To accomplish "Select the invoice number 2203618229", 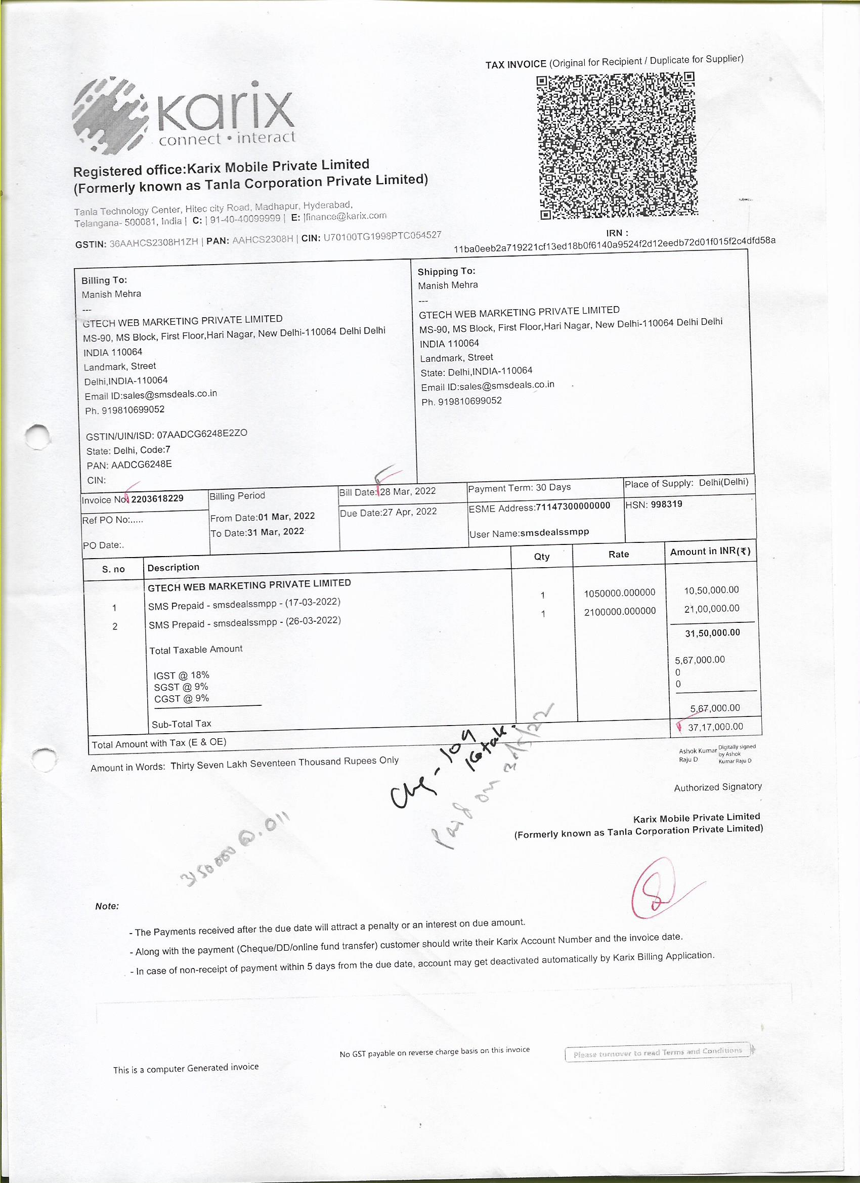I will [x=157, y=499].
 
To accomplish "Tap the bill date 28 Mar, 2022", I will [x=407, y=491].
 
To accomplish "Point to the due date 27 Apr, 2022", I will [x=409, y=512].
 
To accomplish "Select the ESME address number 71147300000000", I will [x=573, y=506].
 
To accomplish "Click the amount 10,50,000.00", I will [x=711, y=590].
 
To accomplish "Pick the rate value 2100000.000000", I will [x=620, y=611].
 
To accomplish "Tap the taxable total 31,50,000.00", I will [x=712, y=632].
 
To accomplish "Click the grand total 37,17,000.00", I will [x=715, y=727].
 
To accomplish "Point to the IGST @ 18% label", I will [x=182, y=675].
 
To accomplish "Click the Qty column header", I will [x=542, y=557].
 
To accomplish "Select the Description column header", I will [x=173, y=568].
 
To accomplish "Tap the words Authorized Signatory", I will [x=718, y=787].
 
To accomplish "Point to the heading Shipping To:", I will [x=446, y=271].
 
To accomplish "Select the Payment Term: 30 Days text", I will [x=520, y=488].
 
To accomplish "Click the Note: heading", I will [x=107, y=906].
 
